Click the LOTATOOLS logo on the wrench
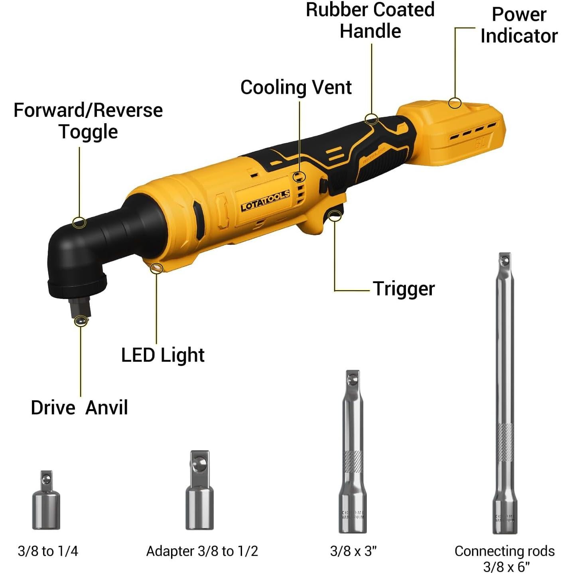265,201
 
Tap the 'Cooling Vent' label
296,87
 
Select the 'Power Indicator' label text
519,25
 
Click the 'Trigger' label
404,289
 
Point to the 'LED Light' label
163,355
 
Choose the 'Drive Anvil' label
79,408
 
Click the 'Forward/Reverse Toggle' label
88,121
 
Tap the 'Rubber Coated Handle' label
370,20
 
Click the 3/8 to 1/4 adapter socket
46,501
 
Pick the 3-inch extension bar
353,453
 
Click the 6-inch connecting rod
505,393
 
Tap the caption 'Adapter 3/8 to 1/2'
202,551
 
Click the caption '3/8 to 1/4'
48,551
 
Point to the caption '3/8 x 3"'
353,551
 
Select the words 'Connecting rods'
504,551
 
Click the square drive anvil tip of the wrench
80,310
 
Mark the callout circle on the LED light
157,268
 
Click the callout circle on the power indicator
455,103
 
